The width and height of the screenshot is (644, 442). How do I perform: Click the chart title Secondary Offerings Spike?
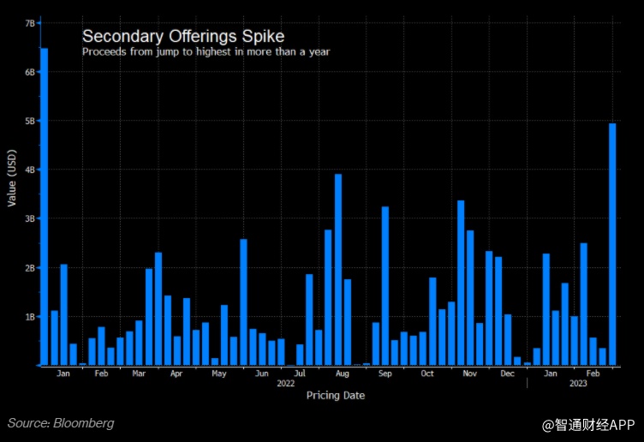coord(183,37)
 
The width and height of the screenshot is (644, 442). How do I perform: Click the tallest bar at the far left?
coord(44,206)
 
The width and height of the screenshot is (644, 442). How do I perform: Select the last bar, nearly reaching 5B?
coord(612,244)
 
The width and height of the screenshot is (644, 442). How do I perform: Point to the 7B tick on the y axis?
coord(30,23)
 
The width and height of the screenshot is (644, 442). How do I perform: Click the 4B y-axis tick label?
coord(30,170)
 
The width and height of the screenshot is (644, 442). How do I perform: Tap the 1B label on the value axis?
coord(30,317)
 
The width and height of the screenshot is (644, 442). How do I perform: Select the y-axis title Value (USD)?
coord(11,178)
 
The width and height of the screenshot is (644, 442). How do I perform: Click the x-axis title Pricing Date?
coord(335,396)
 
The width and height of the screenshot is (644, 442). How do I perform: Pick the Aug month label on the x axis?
coord(342,374)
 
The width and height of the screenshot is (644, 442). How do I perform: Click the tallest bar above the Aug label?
coord(338,270)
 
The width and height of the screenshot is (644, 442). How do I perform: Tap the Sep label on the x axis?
coord(385,374)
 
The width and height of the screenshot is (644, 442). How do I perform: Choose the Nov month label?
coord(469,374)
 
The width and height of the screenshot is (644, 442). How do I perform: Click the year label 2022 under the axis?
coord(286,384)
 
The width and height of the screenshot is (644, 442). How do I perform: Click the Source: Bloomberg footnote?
coord(61,423)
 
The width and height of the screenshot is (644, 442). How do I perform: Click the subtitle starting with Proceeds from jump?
coord(206,51)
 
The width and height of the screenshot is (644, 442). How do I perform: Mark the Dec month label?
coord(508,374)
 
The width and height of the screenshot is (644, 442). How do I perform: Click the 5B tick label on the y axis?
coord(30,122)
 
